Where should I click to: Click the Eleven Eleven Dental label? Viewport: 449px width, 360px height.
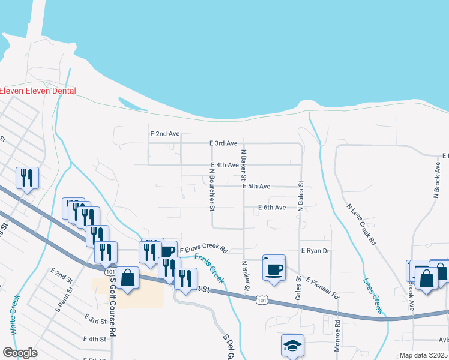click(38, 91)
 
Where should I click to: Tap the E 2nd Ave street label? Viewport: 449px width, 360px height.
click(165, 134)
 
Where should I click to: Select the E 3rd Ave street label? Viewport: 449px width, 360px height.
click(223, 143)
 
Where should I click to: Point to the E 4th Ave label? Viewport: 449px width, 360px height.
click(225, 165)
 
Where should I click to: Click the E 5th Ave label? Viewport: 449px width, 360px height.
click(256, 187)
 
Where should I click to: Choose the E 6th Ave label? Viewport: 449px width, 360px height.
click(271, 208)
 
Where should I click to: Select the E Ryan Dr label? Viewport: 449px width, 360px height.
click(315, 250)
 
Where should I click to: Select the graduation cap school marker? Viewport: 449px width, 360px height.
click(292, 346)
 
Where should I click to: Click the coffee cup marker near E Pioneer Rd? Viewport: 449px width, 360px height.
click(274, 268)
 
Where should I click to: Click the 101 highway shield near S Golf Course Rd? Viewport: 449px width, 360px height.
click(110, 272)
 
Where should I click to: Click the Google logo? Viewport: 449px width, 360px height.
click(20, 353)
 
